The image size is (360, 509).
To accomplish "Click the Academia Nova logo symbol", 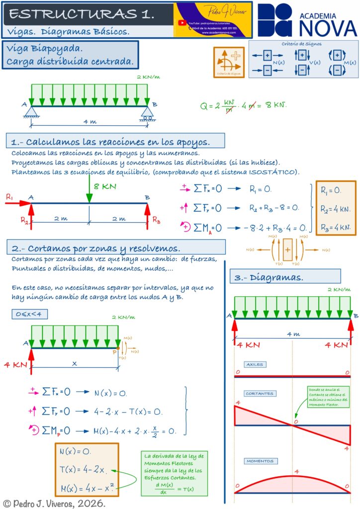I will [274, 20].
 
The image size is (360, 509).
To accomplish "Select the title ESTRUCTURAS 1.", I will [82, 14].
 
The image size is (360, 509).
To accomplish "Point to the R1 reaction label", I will [9, 197].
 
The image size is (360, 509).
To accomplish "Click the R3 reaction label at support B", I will [157, 219].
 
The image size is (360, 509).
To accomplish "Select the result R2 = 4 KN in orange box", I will [336, 209].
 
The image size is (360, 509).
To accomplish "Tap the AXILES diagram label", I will [254, 364].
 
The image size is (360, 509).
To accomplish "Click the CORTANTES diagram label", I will [259, 394].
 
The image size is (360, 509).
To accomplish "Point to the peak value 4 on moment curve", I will [296, 471].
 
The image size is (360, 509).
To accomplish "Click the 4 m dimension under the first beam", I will [90, 121].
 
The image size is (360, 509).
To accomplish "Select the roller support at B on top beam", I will [147, 112].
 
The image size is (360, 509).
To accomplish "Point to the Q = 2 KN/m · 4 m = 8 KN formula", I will [243, 105].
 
